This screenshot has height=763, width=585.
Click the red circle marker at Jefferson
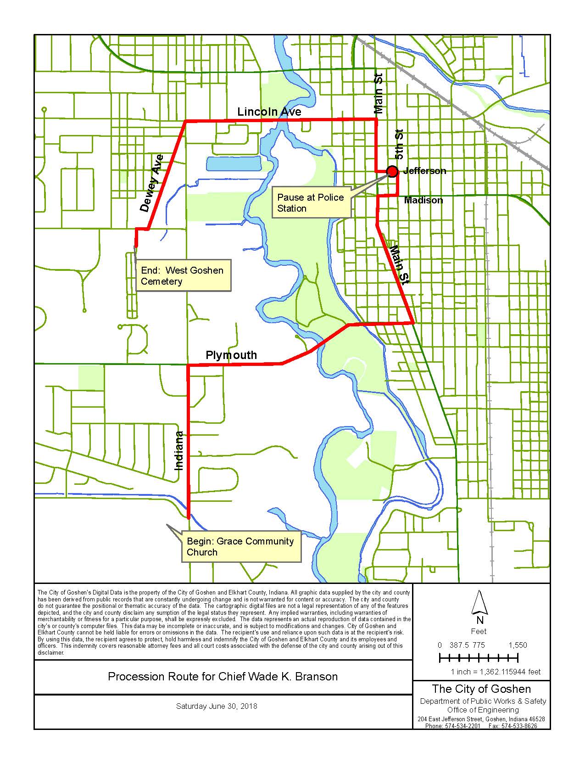tap(392, 171)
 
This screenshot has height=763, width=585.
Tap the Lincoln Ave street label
tap(269, 112)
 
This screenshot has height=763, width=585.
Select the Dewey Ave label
tap(152, 183)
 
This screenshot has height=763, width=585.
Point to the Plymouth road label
tap(231, 355)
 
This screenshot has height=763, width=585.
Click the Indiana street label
tap(179, 450)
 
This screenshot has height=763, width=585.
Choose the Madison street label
tap(423, 200)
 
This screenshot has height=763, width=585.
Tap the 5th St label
tap(400, 144)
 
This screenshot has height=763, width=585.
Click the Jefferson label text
tap(424, 171)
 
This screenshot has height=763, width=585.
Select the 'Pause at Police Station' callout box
tap(311, 202)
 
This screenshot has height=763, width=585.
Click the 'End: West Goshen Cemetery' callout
tap(183, 275)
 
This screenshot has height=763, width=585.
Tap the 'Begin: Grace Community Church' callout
tap(240, 546)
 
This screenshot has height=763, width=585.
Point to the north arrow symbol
tap(479, 603)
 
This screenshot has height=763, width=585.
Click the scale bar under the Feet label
tap(479, 659)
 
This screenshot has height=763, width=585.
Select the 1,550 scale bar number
tap(518, 645)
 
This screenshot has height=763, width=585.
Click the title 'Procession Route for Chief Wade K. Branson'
tap(223, 676)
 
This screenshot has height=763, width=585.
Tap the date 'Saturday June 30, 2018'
tap(217, 706)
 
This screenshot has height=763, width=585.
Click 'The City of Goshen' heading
tap(481, 689)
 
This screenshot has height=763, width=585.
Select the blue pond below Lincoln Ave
tap(234, 163)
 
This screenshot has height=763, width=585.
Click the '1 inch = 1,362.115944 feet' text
tap(496, 672)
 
